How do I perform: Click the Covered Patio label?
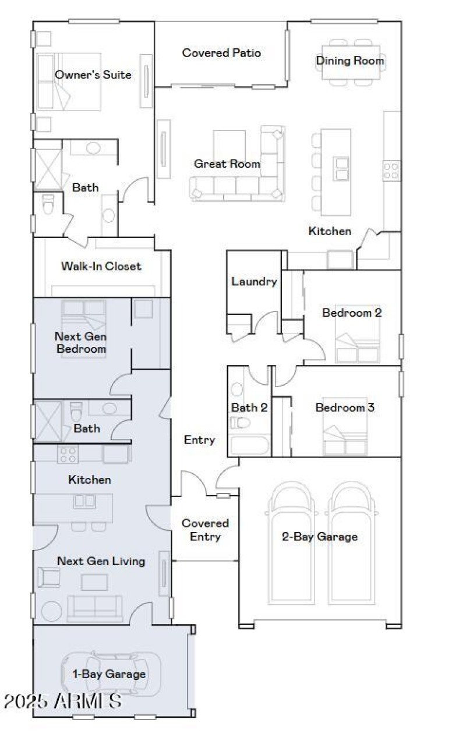[221, 53]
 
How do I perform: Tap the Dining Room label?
[349, 61]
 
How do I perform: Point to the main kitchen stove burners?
[391, 170]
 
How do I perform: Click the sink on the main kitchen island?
[341, 168]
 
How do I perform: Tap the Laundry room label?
[254, 282]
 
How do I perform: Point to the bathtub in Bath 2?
[248, 446]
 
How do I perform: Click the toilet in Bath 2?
[240, 421]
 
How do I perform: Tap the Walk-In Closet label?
[101, 266]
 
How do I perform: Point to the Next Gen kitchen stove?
[68, 453]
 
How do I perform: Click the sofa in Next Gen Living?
[95, 608]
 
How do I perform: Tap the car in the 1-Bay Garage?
[111, 674]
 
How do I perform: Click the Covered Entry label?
[205, 530]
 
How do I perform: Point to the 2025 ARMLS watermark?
[62, 701]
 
